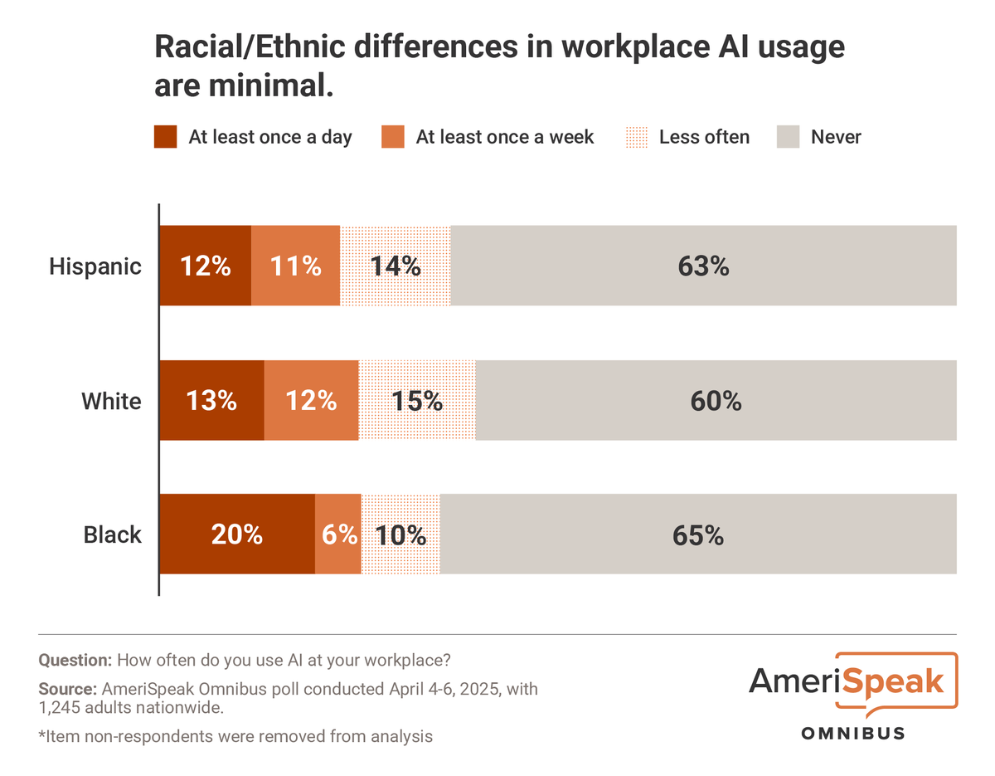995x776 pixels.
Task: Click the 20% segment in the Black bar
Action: point(236,534)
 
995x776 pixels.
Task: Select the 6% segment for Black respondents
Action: point(338,534)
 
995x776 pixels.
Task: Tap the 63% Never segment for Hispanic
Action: point(703,266)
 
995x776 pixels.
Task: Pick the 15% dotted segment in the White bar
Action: point(417,400)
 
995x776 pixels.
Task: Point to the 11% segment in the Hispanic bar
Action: point(296,266)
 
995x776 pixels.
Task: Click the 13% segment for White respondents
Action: point(211,400)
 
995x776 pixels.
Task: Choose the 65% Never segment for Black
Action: point(698,534)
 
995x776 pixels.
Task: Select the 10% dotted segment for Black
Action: point(400,534)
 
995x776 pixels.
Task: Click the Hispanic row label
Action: point(95,266)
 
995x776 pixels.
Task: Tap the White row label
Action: point(111,401)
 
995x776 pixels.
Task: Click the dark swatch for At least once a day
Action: point(166,137)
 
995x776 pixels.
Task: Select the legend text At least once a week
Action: point(505,137)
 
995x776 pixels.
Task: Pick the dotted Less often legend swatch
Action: point(636,137)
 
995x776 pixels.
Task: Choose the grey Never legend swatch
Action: point(788,137)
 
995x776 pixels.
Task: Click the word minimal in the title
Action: point(266,85)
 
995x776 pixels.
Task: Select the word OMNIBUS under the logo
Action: point(852,733)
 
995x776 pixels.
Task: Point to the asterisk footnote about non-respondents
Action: point(235,735)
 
